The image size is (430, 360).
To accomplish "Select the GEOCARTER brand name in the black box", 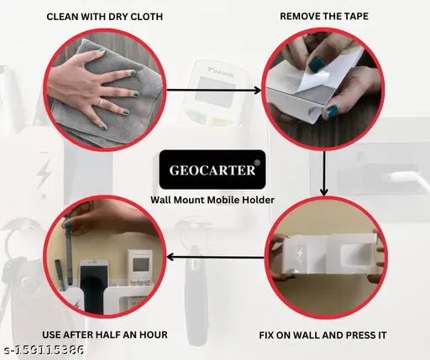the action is tap(212, 170).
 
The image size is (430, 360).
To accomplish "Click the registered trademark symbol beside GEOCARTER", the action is tap(258, 162).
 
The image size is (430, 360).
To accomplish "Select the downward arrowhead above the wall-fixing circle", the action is tap(324, 192).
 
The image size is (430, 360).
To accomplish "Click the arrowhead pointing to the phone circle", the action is tap(170, 257).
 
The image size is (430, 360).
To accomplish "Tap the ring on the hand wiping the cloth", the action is tap(101, 102).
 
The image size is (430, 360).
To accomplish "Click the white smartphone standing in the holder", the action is tap(93, 285).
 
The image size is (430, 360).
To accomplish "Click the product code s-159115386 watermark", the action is tap(45, 350).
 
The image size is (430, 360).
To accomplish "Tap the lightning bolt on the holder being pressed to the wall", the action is tap(299, 255).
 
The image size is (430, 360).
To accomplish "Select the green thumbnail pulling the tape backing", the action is tap(316, 65).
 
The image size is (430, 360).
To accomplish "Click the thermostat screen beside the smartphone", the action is tap(141, 264).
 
